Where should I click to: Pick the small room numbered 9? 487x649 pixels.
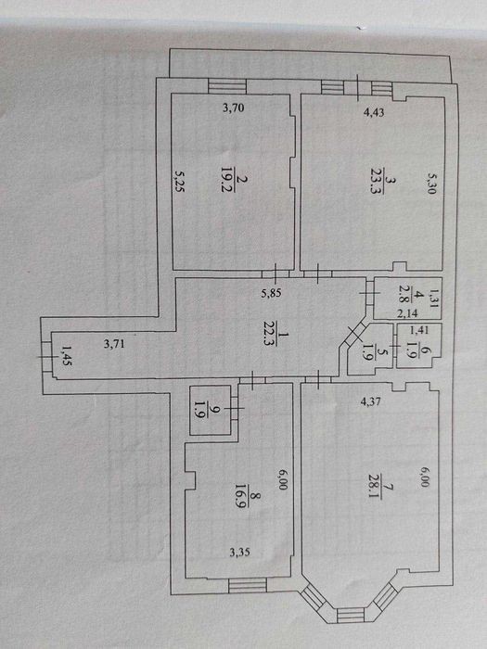point(211,410)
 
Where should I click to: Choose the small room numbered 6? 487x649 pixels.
point(419,346)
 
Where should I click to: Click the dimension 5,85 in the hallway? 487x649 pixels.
point(271,293)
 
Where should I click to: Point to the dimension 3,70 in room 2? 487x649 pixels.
point(234,108)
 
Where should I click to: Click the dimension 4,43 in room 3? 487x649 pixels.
point(374,112)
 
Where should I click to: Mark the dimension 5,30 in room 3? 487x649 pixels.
point(431,184)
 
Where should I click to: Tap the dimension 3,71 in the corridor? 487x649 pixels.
point(114,343)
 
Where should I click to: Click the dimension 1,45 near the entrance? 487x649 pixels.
point(66,356)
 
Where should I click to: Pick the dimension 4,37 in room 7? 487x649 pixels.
point(371,401)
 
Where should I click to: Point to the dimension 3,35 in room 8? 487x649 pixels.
point(240,552)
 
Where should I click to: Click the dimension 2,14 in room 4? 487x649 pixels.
point(407,313)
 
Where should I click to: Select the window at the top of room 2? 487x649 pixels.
point(227,86)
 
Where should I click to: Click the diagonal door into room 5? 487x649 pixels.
point(353,334)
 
